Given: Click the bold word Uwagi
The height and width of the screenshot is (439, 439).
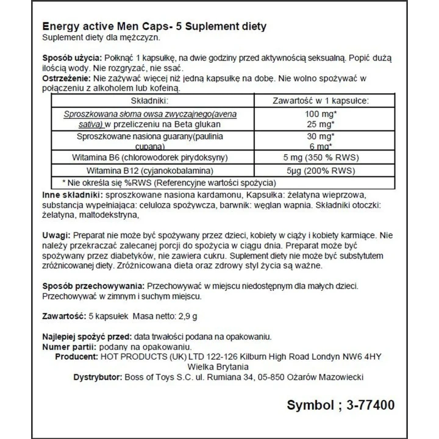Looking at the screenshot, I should [56, 234].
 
